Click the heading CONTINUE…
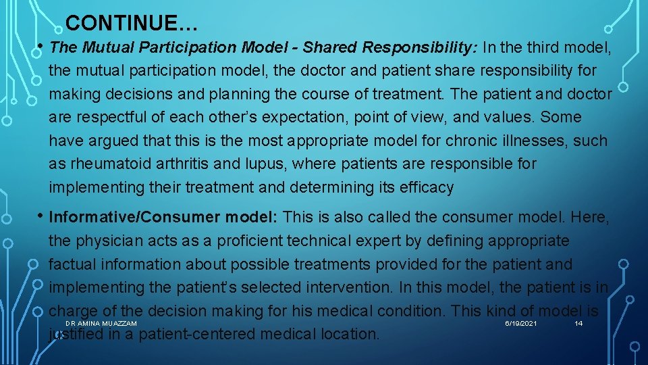click(x=132, y=24)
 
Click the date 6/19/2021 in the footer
click(x=521, y=324)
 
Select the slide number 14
click(x=578, y=324)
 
